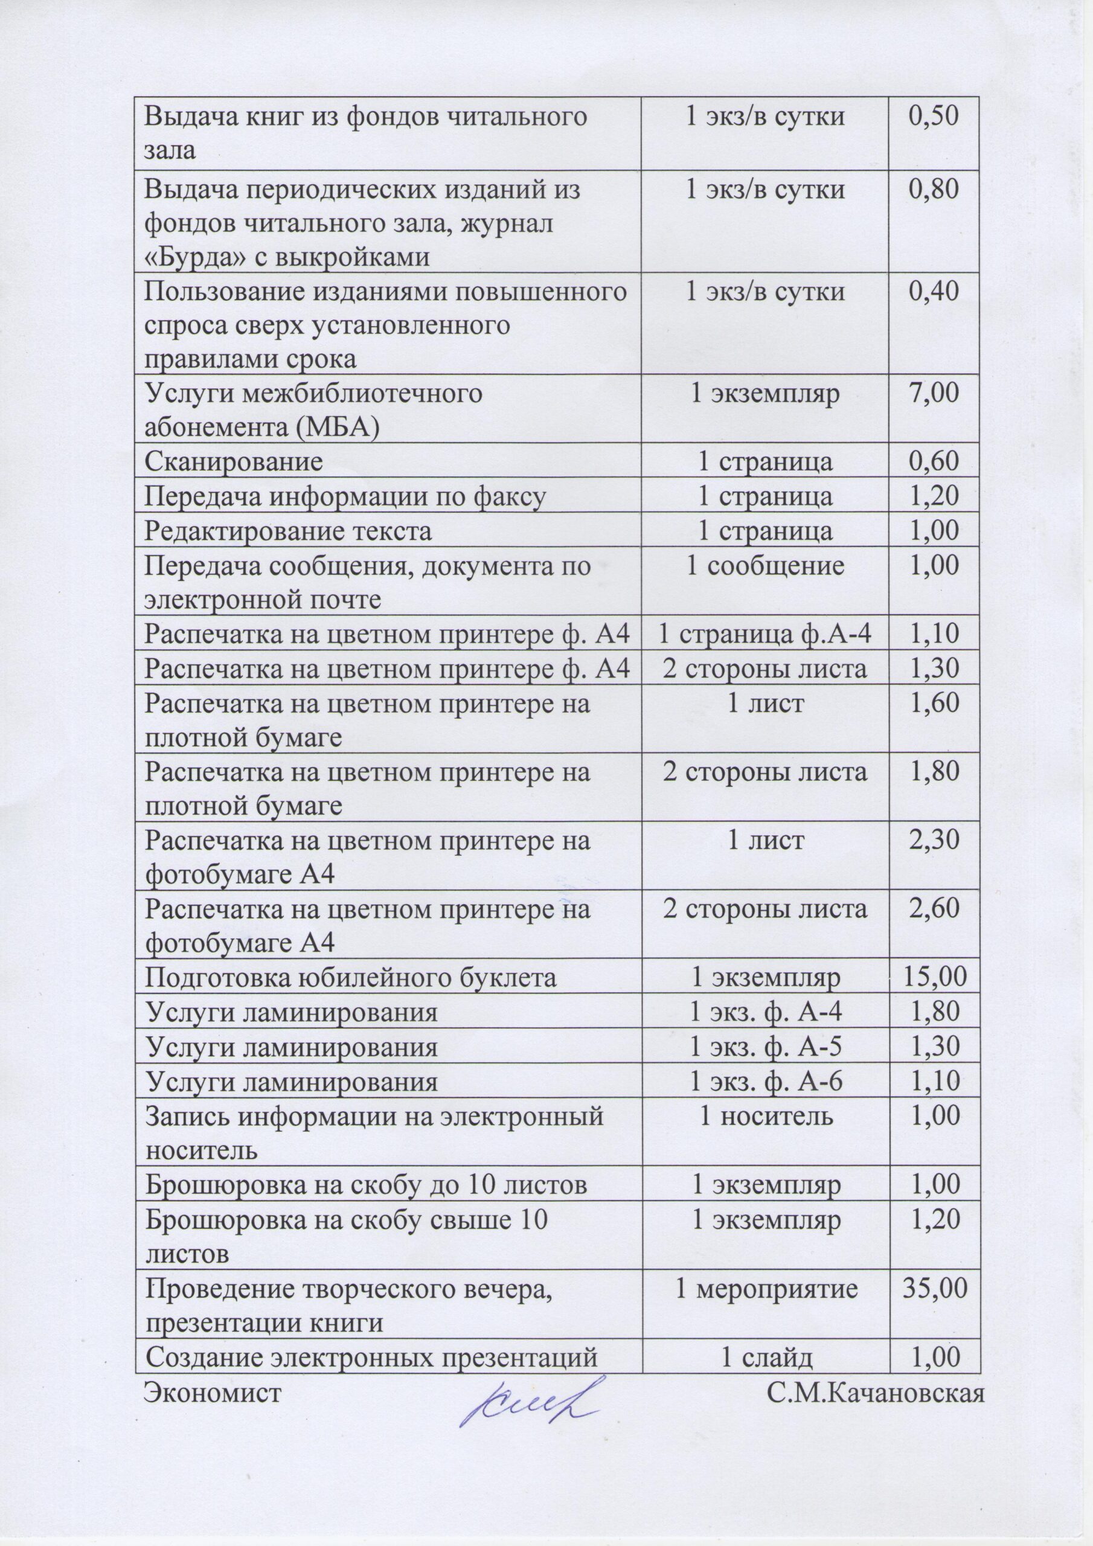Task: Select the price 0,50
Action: pos(934,117)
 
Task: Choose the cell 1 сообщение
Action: pos(765,566)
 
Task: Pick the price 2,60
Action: pos(934,908)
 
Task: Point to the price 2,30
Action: pos(934,839)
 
